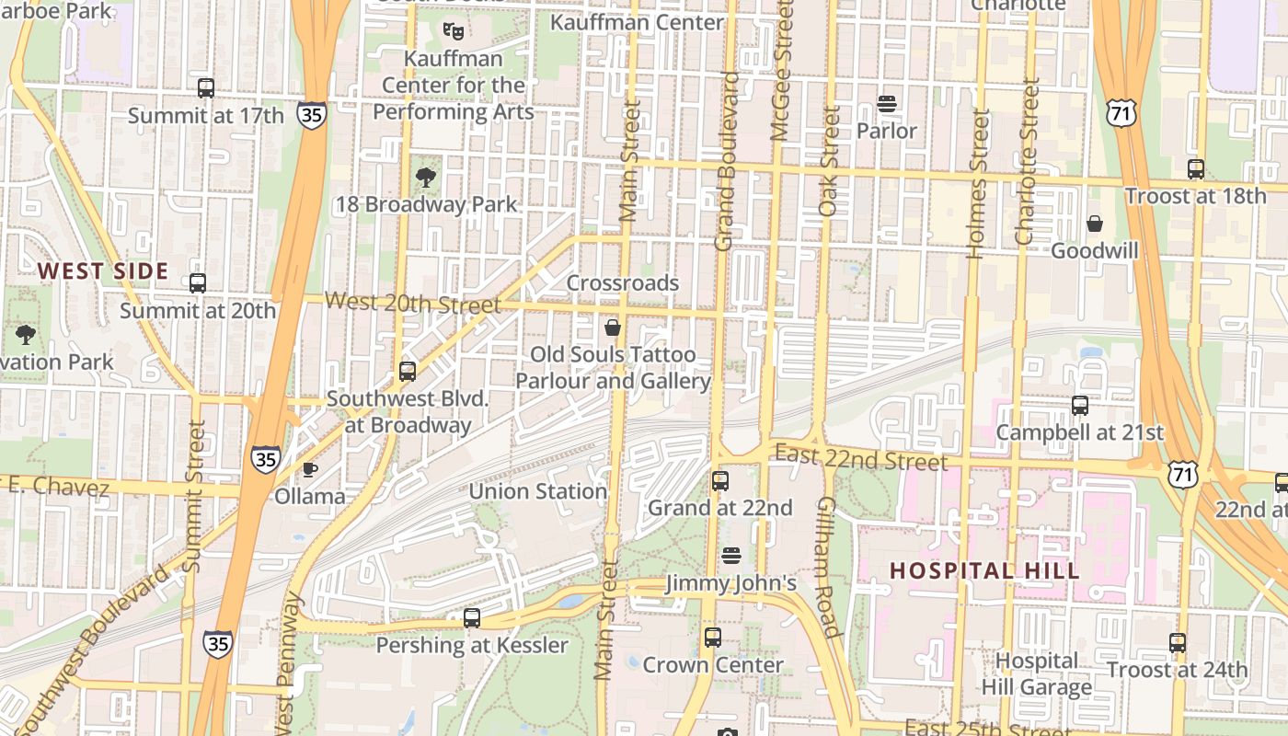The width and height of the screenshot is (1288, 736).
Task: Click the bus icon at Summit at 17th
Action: [206, 88]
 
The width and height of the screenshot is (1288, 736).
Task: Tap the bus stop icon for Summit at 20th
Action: [198, 283]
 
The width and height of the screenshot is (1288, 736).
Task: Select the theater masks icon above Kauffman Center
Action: [453, 30]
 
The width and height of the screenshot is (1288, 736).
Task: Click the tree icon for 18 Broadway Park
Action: [425, 177]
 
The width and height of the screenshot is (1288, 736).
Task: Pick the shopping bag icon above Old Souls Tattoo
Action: [613, 327]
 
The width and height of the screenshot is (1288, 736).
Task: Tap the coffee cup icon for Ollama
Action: [310, 469]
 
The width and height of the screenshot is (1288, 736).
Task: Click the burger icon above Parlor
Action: [887, 104]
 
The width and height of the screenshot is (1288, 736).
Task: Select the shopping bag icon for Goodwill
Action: [1095, 224]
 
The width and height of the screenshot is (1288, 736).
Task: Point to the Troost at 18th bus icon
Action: [1196, 169]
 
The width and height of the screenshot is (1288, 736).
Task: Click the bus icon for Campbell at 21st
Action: [1080, 405]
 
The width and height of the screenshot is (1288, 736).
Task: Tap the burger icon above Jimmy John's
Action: [731, 556]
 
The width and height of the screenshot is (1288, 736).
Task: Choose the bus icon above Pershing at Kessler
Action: [472, 617]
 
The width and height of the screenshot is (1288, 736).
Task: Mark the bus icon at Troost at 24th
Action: [1178, 642]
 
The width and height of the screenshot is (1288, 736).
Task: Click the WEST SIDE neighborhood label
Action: [103, 271]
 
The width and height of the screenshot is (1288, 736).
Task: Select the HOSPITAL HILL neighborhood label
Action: [984, 570]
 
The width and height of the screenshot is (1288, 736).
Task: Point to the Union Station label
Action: [538, 491]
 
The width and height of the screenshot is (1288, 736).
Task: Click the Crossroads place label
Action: [623, 282]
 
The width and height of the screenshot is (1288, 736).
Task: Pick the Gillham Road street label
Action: [827, 567]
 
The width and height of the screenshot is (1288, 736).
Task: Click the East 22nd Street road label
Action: [861, 456]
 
